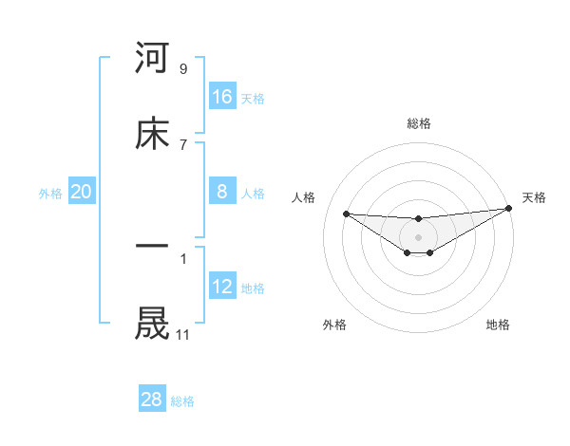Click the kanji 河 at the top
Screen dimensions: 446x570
(152, 59)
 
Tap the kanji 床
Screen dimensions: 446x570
(152, 134)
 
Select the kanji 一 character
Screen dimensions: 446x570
(152, 246)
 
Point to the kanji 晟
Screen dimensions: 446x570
(152, 323)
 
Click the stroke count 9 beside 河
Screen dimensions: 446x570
(182, 69)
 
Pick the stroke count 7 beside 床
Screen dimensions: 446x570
(182, 144)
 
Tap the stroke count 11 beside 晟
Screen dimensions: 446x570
(182, 334)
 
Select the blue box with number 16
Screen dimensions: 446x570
(222, 96)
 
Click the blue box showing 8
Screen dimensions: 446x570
(222, 192)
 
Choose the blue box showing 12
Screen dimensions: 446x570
(222, 287)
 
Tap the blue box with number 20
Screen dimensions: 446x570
(82, 192)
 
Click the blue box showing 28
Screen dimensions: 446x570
(152, 400)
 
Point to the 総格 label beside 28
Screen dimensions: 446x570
(182, 401)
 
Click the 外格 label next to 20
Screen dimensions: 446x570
(50, 193)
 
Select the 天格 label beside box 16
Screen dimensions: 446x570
(253, 98)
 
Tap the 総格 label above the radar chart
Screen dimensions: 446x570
(419, 123)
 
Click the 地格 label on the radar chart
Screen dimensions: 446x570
(498, 325)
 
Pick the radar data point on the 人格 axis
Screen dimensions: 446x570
(346, 214)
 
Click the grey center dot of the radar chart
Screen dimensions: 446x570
(418, 236)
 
